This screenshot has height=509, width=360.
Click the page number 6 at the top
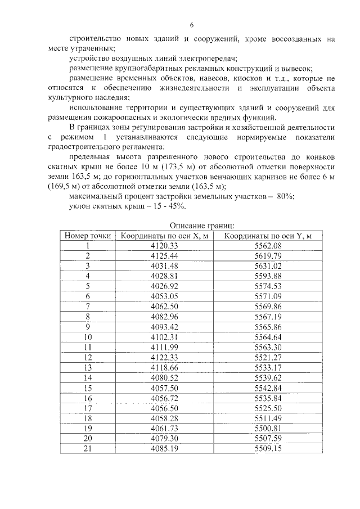click(x=191, y=25)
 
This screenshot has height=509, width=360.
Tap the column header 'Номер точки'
click(x=88, y=236)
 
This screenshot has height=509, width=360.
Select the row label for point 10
click(x=88, y=337)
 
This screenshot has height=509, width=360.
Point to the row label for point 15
click(x=88, y=388)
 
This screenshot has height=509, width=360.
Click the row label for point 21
click(x=88, y=448)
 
